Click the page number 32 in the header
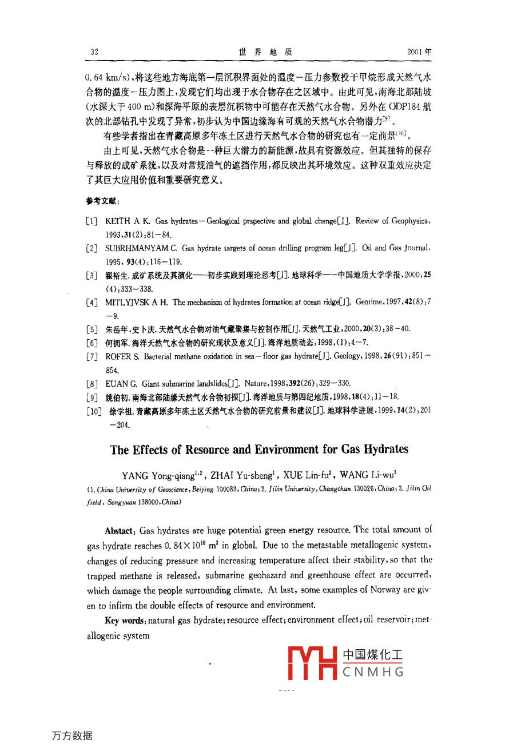coord(94,51)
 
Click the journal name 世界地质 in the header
coord(265,51)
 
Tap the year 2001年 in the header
coord(419,51)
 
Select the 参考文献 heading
coord(102,201)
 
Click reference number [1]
coord(92,221)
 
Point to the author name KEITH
coord(118,221)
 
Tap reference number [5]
coord(92,329)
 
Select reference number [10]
coord(93,411)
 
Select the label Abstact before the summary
coord(119,531)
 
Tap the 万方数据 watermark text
coord(71,736)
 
